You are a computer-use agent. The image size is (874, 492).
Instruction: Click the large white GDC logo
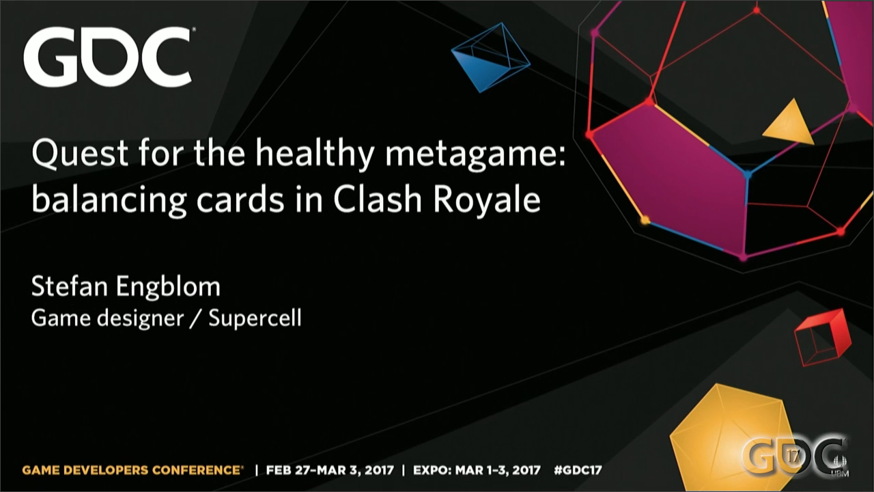(x=107, y=57)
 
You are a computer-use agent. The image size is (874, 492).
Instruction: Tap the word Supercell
(x=255, y=319)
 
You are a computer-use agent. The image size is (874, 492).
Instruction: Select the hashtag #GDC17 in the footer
(x=578, y=470)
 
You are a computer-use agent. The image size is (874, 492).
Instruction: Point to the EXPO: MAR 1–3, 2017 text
(x=477, y=470)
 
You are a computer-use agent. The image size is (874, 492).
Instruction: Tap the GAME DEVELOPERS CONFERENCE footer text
(x=132, y=470)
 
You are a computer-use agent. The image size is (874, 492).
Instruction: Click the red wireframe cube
(x=821, y=337)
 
